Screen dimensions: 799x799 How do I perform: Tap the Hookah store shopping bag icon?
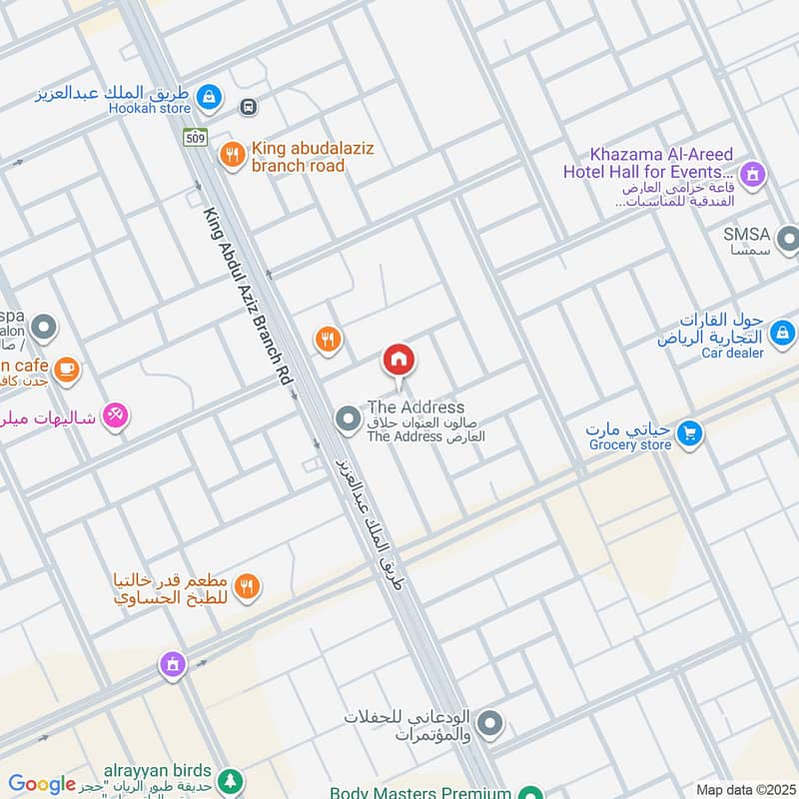[x=209, y=96]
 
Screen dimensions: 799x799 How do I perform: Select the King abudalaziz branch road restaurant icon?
[x=232, y=155]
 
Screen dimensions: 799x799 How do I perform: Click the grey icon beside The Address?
[x=347, y=419]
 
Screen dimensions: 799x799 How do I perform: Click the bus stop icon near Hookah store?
[x=249, y=106]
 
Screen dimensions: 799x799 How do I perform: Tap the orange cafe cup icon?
[x=66, y=371]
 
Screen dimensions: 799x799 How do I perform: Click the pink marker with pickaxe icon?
[x=116, y=415]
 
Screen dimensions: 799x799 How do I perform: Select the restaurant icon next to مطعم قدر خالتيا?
[x=249, y=586]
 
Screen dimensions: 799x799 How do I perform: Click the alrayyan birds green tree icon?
[x=231, y=778]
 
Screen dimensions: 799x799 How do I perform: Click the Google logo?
[x=41, y=784]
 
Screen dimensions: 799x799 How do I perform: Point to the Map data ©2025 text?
[x=744, y=790]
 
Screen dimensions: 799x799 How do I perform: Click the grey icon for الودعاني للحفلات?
[x=489, y=723]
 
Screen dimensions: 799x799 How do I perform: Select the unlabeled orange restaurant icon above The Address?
[x=328, y=341]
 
